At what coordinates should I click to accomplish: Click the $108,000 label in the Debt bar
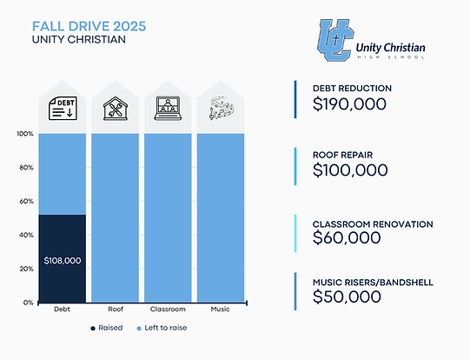[63, 260]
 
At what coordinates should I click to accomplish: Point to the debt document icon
[63, 109]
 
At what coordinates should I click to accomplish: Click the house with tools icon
[116, 109]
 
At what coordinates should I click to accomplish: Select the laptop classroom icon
[169, 109]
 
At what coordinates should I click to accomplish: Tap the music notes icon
[222, 109]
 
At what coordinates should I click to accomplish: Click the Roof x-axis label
[116, 310]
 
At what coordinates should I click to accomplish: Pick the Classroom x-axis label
[169, 310]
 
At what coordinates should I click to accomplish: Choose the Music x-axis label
[222, 310]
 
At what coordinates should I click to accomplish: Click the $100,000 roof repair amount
[350, 170]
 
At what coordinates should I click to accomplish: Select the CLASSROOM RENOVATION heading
[372, 223]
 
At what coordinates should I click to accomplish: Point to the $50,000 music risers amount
[347, 297]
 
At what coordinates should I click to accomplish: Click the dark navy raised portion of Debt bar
[63, 235]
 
